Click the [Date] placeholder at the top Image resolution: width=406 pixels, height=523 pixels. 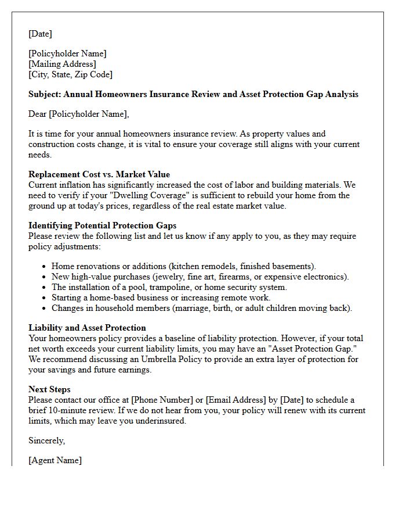pos(40,34)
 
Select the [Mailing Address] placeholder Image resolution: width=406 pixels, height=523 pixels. pos(62,64)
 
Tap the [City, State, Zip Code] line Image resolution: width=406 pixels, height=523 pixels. pos(70,74)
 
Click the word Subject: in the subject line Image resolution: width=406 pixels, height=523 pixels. pos(45,94)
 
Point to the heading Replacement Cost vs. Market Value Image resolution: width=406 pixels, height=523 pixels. pos(99,174)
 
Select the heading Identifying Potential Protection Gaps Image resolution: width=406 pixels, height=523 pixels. pos(103,225)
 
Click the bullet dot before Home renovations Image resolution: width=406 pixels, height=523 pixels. pos(45,266)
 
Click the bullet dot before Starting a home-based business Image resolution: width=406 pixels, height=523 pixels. pos(45,298)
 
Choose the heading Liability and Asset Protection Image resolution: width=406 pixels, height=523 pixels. pos(87,328)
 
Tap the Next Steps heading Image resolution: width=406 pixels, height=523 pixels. pos(49,389)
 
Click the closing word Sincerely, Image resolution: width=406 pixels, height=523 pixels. pos(47,440)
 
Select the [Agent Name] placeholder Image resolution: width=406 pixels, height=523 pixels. pos(55,460)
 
